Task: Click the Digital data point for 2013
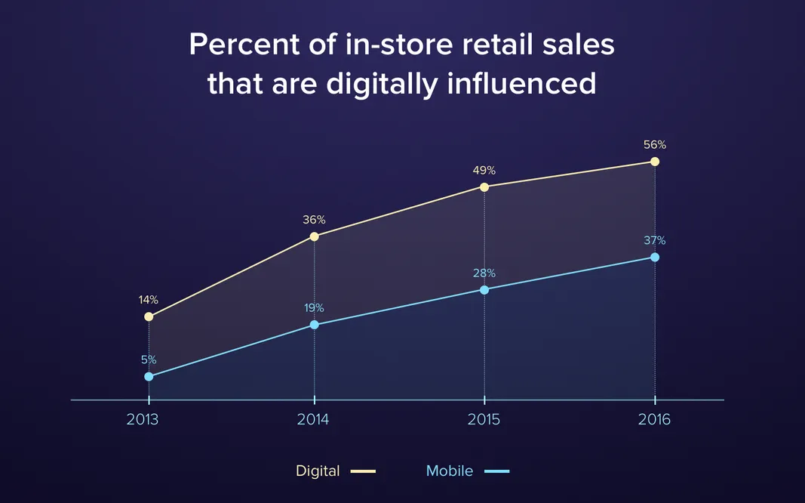pyautogui.click(x=149, y=316)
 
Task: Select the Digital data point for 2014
pyautogui.click(x=315, y=236)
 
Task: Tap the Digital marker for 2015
pyautogui.click(x=484, y=187)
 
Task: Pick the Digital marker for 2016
pyautogui.click(x=655, y=162)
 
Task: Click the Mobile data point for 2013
pyautogui.click(x=149, y=376)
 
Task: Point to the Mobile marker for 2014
pyautogui.click(x=315, y=325)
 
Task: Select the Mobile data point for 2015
pyautogui.click(x=484, y=290)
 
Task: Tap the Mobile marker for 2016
pyautogui.click(x=655, y=258)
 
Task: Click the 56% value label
pyautogui.click(x=655, y=144)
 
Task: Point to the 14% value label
pyautogui.click(x=149, y=300)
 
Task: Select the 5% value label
pyautogui.click(x=149, y=360)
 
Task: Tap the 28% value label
pyautogui.click(x=484, y=273)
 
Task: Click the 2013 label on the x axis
pyautogui.click(x=143, y=420)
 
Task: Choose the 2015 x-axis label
pyautogui.click(x=484, y=420)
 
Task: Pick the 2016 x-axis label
pyautogui.click(x=654, y=420)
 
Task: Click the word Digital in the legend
pyautogui.click(x=318, y=471)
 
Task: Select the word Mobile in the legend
pyautogui.click(x=450, y=471)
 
